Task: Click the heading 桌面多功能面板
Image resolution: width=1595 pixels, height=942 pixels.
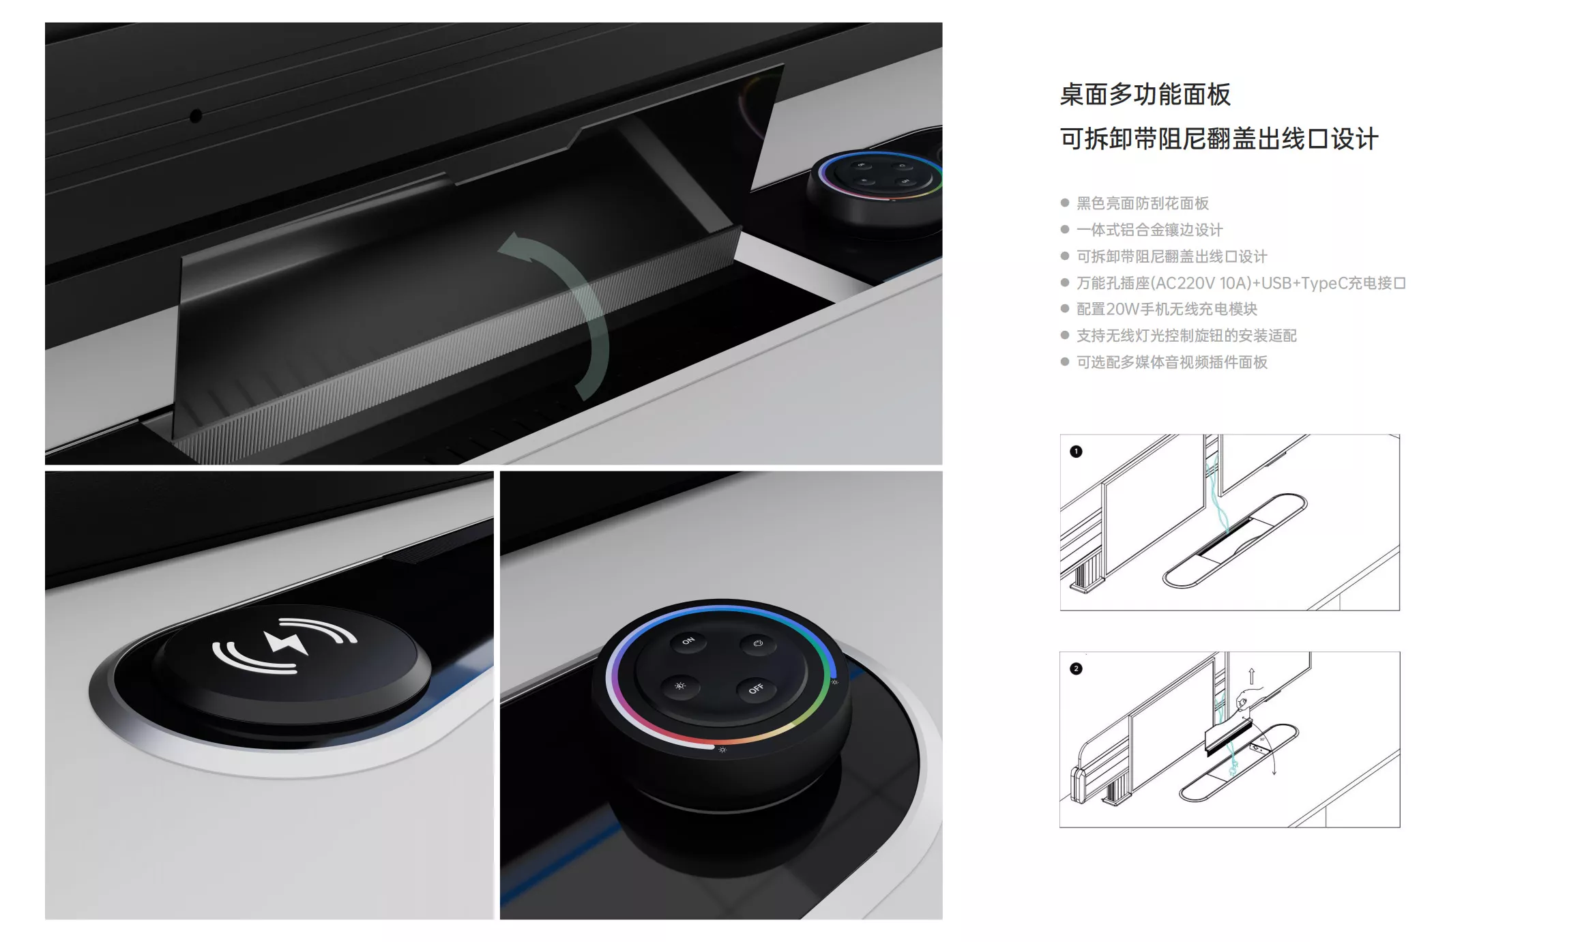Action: pyautogui.click(x=1145, y=95)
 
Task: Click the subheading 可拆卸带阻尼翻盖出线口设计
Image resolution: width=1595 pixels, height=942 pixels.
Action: pyautogui.click(x=1219, y=139)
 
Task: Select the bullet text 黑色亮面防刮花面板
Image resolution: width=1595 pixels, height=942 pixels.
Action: pyautogui.click(x=1142, y=203)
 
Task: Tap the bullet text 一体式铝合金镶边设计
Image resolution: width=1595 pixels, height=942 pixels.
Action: pyautogui.click(x=1150, y=230)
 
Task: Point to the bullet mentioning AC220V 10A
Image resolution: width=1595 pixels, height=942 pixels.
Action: pyautogui.click(x=1241, y=283)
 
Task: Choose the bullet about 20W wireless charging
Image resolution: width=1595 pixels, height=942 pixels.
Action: pyautogui.click(x=1167, y=309)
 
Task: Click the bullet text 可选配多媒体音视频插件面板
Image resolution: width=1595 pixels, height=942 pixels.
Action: pyautogui.click(x=1171, y=362)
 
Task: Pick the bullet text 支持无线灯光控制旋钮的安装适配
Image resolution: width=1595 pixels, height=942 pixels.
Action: pyautogui.click(x=1186, y=336)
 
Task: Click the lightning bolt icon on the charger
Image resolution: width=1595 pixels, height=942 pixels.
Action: pyautogui.click(x=286, y=642)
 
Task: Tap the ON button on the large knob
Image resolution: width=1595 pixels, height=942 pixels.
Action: pyautogui.click(x=688, y=641)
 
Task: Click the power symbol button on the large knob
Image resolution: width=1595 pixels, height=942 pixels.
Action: pyautogui.click(x=758, y=643)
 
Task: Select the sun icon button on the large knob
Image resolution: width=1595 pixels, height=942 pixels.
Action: pyautogui.click(x=680, y=686)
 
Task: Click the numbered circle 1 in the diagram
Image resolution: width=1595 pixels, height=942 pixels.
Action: pyautogui.click(x=1076, y=452)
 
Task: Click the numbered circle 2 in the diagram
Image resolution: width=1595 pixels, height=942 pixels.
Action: pyautogui.click(x=1076, y=668)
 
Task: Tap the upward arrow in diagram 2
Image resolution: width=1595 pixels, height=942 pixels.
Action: pyautogui.click(x=1251, y=676)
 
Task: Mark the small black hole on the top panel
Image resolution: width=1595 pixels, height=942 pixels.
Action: pyautogui.click(x=196, y=116)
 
